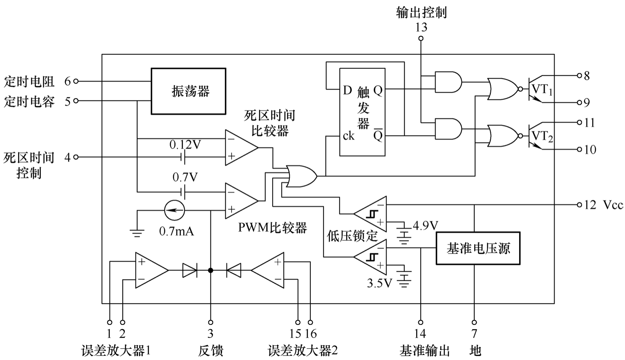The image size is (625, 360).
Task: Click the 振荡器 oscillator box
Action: point(189,91)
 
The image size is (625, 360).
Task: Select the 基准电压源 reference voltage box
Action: point(478,248)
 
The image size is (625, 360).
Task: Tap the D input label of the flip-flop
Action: point(347,90)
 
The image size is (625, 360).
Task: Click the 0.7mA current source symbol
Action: point(174,210)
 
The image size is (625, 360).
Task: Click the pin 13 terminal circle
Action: point(421,38)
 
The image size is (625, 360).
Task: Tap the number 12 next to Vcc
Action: point(590,205)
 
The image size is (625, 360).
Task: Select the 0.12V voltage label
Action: point(185,145)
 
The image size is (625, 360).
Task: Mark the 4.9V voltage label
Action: point(425,225)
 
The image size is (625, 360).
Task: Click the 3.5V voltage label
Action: point(379,283)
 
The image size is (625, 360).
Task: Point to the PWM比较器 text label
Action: point(273,227)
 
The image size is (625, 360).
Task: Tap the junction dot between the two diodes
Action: point(211,270)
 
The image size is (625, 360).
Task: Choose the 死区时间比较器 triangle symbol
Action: point(240,147)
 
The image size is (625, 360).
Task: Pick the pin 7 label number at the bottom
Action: point(474,333)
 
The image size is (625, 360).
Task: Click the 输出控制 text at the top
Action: point(421,13)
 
